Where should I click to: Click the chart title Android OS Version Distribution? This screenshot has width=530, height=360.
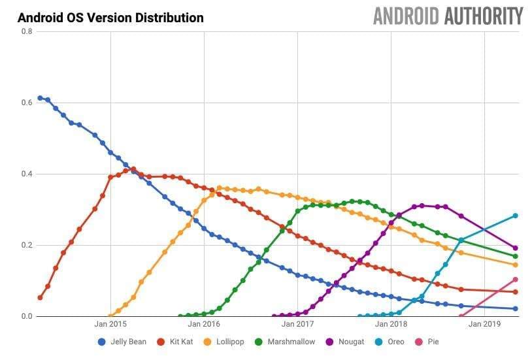110,18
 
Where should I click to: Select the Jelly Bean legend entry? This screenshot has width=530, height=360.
122,342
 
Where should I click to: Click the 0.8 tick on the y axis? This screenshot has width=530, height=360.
25,31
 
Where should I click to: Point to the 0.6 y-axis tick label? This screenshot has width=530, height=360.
25,103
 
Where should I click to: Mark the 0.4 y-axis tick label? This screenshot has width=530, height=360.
25,174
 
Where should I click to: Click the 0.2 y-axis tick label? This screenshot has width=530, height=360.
25,245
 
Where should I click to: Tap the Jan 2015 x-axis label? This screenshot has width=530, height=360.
110,323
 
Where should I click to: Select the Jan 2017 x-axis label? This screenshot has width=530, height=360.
297,323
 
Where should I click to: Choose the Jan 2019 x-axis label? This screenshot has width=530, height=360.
484,323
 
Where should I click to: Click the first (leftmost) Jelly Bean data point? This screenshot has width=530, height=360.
40,98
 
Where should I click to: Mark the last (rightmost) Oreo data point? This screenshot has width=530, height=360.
516,216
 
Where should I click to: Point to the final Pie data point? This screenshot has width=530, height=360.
516,280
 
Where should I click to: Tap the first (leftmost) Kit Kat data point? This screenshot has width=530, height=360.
40,298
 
